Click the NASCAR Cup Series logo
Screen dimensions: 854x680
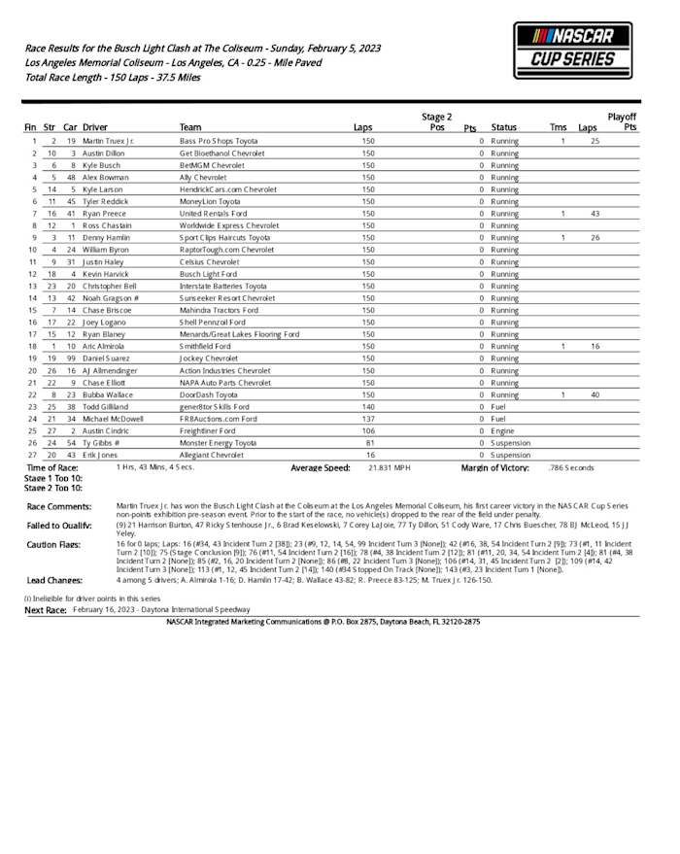point(572,50)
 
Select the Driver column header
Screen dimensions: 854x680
point(95,127)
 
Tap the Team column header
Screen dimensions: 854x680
point(190,127)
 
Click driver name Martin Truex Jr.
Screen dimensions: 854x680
point(109,142)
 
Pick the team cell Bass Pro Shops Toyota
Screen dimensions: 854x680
point(219,142)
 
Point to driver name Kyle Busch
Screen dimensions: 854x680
point(101,166)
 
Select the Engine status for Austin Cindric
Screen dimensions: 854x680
point(502,430)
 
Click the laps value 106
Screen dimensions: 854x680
point(367,430)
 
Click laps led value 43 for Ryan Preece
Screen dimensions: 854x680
point(595,214)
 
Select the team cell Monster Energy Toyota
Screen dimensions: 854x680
point(218,442)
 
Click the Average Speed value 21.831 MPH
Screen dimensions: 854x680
point(389,467)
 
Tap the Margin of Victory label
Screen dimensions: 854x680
point(494,467)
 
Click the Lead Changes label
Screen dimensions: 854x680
point(52,580)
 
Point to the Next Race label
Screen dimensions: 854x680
point(45,610)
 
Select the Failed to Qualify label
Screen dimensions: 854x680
point(58,525)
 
